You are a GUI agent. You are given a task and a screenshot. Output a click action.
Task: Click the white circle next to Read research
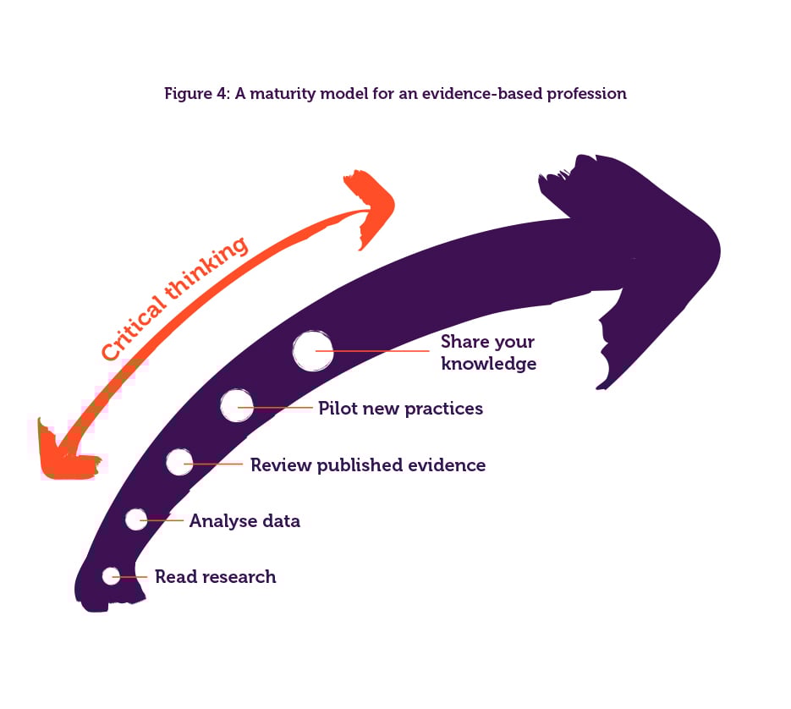click(111, 576)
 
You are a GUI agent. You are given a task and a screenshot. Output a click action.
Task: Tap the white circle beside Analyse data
click(136, 519)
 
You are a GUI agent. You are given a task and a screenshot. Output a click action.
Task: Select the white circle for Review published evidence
click(179, 462)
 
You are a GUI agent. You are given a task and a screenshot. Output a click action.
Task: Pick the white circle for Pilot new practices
click(237, 405)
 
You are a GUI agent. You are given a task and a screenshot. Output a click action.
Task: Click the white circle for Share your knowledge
click(313, 350)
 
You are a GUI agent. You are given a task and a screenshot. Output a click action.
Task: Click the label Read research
click(215, 577)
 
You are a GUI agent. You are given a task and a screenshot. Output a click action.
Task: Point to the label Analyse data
click(244, 521)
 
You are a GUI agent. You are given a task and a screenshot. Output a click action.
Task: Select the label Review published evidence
click(368, 464)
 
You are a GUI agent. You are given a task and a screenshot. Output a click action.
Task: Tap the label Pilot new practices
click(400, 409)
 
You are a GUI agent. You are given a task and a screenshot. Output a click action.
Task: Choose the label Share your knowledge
click(488, 353)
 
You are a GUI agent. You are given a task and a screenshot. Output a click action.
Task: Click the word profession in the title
click(586, 94)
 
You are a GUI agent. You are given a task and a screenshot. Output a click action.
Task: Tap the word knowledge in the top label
click(488, 364)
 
